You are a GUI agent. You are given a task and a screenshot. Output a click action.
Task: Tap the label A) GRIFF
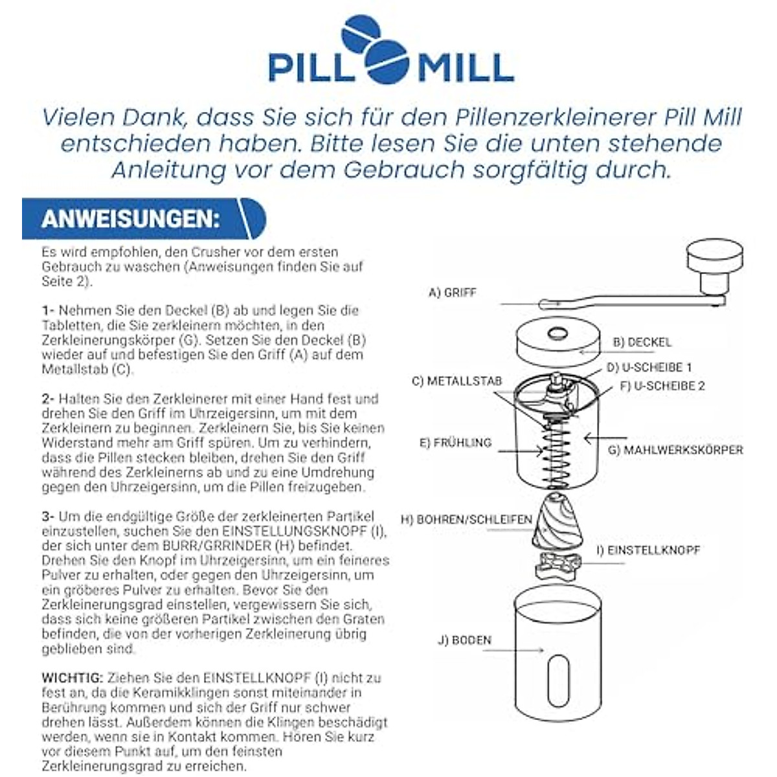point(452,293)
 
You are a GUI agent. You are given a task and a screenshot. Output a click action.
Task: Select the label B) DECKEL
point(642,342)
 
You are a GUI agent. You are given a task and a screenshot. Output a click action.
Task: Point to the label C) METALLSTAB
point(456,381)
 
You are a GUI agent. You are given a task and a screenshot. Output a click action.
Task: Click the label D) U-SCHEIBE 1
point(649,367)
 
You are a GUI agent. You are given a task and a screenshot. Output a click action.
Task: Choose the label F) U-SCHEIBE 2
point(662,386)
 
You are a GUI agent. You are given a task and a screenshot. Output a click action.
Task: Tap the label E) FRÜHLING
point(455,443)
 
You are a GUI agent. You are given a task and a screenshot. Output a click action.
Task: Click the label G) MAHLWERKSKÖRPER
point(675,449)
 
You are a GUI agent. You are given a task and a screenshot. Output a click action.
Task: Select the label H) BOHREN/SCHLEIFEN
point(466,519)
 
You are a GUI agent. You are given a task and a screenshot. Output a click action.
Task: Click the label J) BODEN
point(464,640)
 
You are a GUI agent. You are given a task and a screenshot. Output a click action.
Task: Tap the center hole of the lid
point(556,335)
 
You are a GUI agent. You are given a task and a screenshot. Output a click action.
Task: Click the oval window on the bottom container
point(559,677)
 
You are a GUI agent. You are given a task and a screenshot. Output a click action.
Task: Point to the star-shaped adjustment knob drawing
point(556,565)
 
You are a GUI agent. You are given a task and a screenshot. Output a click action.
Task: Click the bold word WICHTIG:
point(72,678)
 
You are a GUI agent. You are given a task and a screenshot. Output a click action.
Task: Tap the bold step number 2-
point(49,399)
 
